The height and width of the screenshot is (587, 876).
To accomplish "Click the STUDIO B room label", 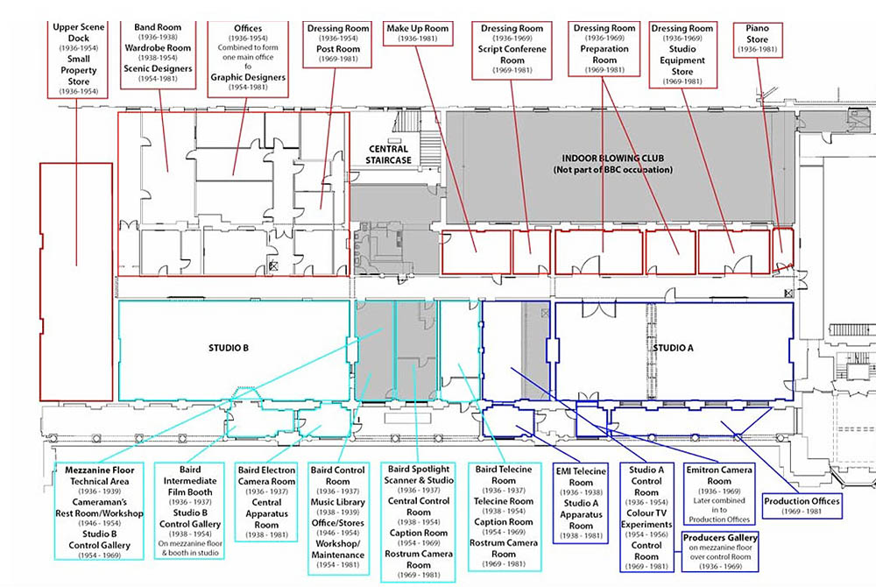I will click(x=230, y=348).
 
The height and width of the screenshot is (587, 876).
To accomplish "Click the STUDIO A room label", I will click(x=673, y=348).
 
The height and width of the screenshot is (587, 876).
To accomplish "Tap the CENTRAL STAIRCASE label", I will click(x=388, y=155).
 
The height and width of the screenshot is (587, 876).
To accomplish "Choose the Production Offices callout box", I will click(x=802, y=506).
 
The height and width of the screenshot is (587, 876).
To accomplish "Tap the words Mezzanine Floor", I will click(x=98, y=470).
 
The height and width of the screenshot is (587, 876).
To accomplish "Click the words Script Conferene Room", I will click(x=512, y=54).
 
